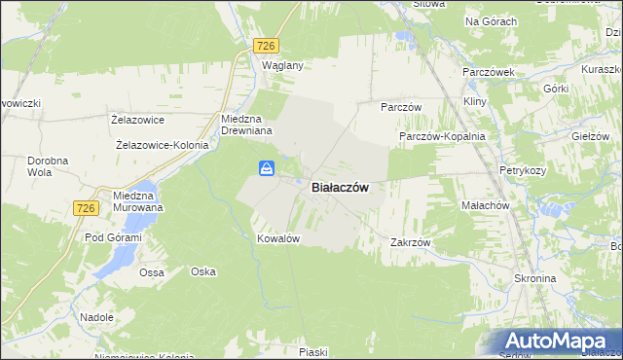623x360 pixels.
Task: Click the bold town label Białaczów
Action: click(x=339, y=188)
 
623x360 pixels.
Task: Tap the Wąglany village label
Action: click(x=283, y=65)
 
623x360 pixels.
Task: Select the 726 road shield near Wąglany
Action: click(x=266, y=46)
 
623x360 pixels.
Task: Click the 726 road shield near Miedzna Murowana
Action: click(x=86, y=207)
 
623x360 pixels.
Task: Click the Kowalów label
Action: click(x=276, y=238)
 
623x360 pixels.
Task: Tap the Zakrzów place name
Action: click(x=410, y=242)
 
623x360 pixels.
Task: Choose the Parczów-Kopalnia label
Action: click(x=442, y=137)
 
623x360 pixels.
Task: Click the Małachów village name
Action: click(x=485, y=206)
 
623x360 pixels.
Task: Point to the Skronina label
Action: click(x=534, y=278)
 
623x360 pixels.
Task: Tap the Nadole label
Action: click(x=97, y=317)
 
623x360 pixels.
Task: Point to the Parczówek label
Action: click(x=489, y=73)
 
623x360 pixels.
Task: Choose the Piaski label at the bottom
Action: click(x=313, y=351)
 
